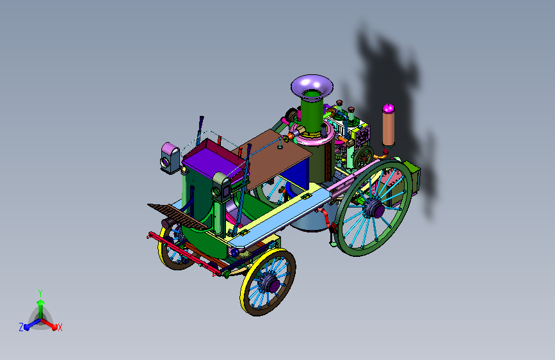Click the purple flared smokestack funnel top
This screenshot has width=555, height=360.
pyautogui.click(x=312, y=86)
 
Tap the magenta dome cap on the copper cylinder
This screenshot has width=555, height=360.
pyautogui.click(x=389, y=108)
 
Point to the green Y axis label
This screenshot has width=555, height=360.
pyautogui.click(x=40, y=293)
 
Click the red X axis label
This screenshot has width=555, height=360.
pyautogui.click(x=60, y=328)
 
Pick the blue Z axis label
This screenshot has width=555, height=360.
pyautogui.click(x=21, y=327)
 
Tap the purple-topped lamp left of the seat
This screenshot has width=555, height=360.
pyautogui.click(x=170, y=158)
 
